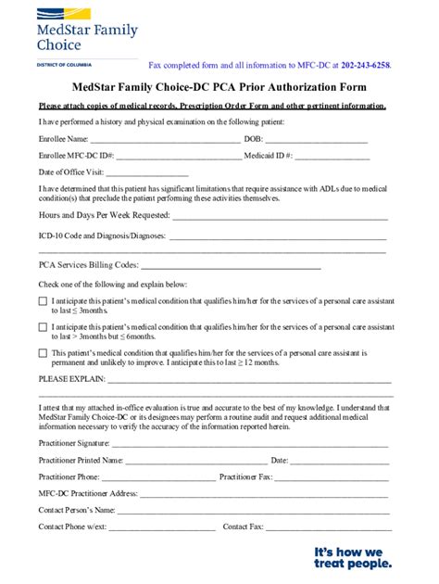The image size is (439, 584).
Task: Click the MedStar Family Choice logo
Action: click(x=87, y=32)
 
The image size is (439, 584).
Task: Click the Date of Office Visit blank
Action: click(x=148, y=173)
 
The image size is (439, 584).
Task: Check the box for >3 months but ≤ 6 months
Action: click(x=43, y=327)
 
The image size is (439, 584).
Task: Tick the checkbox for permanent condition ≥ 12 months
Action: click(x=43, y=353)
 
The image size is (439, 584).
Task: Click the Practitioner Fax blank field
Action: click(x=331, y=477)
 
